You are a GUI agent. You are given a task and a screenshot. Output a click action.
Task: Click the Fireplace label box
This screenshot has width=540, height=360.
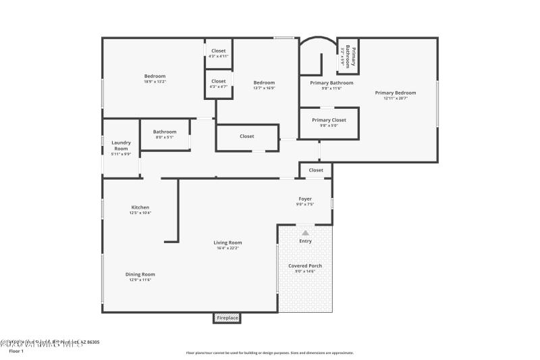point(227,317)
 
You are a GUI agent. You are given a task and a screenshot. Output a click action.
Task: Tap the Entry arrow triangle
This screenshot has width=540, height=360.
point(305,232)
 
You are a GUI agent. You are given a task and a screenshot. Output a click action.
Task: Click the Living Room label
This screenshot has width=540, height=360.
point(227,245)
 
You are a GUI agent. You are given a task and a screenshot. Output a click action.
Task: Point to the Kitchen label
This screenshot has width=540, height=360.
point(140,209)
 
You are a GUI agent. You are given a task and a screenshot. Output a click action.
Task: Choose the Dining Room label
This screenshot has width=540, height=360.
point(140,276)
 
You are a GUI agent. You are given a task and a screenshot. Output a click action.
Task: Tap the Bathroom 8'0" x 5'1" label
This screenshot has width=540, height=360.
point(165,134)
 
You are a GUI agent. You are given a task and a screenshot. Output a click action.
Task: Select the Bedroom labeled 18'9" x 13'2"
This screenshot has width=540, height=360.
point(155,78)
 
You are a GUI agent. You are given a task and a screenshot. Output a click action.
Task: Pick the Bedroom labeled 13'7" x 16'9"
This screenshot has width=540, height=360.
point(264,84)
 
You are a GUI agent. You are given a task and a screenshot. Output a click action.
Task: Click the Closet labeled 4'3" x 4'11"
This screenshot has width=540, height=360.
point(219,53)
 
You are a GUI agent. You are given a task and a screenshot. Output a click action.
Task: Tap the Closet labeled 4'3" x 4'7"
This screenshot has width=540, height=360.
point(219,84)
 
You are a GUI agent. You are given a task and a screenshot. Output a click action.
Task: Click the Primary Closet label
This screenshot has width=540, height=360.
point(329,122)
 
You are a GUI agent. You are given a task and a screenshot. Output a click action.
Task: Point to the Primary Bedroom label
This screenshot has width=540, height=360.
point(396,95)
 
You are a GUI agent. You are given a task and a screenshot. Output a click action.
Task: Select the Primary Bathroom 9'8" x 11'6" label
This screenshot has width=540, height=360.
point(331,85)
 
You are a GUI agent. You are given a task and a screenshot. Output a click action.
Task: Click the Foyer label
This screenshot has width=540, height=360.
point(305,201)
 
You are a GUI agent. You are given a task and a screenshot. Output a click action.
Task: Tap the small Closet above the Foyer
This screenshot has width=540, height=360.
point(316,170)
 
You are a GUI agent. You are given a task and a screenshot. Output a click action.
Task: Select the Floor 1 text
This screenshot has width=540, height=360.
point(16,351)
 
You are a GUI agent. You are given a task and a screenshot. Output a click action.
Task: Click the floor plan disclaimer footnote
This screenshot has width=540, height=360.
point(270,353)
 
